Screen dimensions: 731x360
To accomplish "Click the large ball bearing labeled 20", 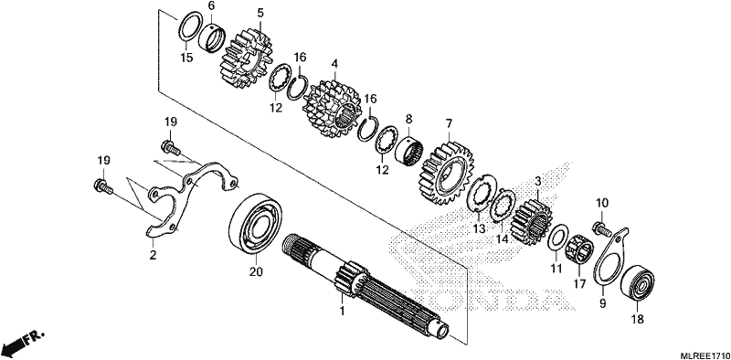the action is click(256, 223).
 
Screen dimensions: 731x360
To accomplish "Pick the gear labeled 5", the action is click(246, 58).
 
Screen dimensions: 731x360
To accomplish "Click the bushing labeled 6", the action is click(214, 37).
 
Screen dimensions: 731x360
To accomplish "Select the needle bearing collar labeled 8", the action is click(408, 151).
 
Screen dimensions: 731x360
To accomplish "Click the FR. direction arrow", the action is click(24, 342).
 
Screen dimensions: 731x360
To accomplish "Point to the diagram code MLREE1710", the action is click(704, 355).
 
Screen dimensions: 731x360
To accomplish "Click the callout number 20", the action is click(256, 271).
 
